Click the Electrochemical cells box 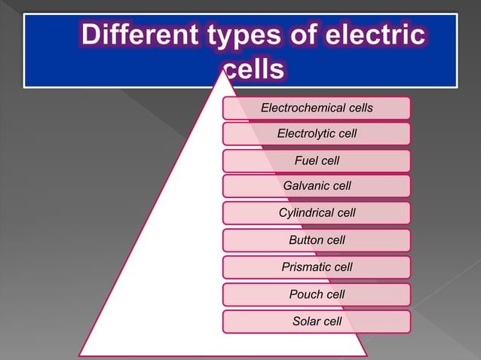click(x=317, y=108)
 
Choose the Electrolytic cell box click(x=317, y=134)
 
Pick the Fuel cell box click(x=317, y=160)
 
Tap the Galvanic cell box click(x=317, y=185)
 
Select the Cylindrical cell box click(x=317, y=213)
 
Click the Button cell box click(x=317, y=240)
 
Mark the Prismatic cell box click(x=317, y=267)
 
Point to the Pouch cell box click(x=317, y=294)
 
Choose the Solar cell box click(x=317, y=322)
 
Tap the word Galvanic click(x=305, y=185)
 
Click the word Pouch click(x=306, y=294)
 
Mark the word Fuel click(x=306, y=160)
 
